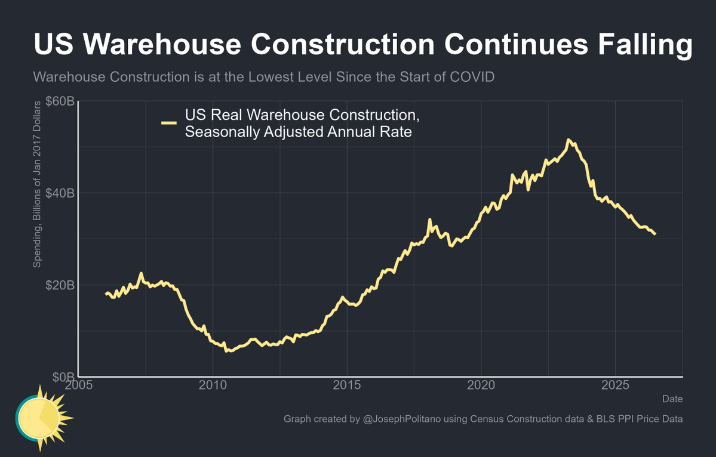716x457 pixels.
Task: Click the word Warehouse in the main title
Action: click(162, 44)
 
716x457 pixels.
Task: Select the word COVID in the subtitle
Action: click(472, 76)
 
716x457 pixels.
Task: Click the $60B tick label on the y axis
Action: click(60, 101)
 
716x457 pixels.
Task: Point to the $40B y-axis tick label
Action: click(60, 193)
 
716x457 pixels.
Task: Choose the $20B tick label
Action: click(60, 285)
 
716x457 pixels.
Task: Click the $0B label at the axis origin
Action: click(63, 376)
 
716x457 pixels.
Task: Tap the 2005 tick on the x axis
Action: click(79, 385)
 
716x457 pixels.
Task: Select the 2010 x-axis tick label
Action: click(213, 385)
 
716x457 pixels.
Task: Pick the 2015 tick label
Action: click(347, 385)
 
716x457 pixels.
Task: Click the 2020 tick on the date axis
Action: click(481, 385)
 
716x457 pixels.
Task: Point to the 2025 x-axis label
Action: click(615, 385)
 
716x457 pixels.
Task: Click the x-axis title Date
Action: click(672, 399)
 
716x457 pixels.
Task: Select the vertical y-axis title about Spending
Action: click(37, 184)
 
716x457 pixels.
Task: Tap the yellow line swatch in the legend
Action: click(169, 123)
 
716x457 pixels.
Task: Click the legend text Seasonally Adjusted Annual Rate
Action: click(299, 132)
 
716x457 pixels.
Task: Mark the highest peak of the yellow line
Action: click(567, 140)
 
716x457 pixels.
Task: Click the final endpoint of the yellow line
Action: click(655, 234)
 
